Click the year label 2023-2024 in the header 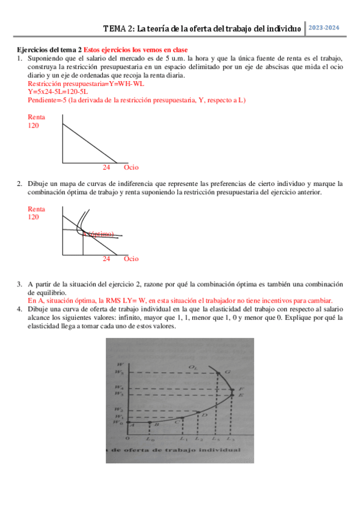[325, 28]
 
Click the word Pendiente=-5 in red [47, 100]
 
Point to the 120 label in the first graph [34, 126]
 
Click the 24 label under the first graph [106, 167]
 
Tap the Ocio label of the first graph [131, 167]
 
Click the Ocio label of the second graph [131, 259]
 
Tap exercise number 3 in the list [20, 284]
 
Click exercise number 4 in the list [20, 309]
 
